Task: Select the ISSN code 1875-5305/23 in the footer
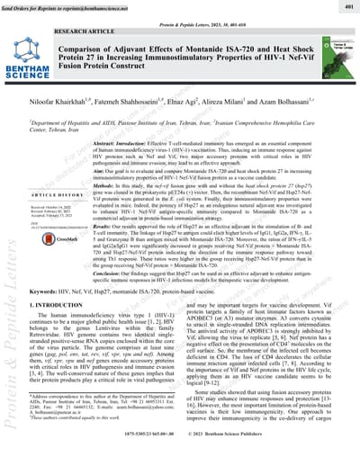146,457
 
